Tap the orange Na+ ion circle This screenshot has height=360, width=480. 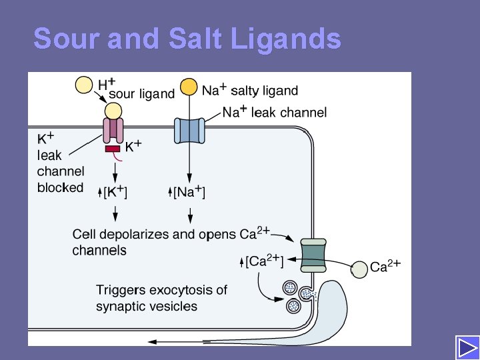point(189,87)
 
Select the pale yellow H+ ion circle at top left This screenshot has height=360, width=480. point(85,85)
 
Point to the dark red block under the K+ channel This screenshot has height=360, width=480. point(113,148)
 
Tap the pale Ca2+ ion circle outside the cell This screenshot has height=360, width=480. point(359,269)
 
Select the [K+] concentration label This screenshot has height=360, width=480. point(115,193)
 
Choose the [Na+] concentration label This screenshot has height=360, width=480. point(189,193)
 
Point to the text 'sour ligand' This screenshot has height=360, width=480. point(141,94)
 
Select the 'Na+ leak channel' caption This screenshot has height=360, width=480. point(275,112)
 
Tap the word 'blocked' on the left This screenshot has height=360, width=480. point(61,187)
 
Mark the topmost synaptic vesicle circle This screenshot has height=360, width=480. point(290,288)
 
